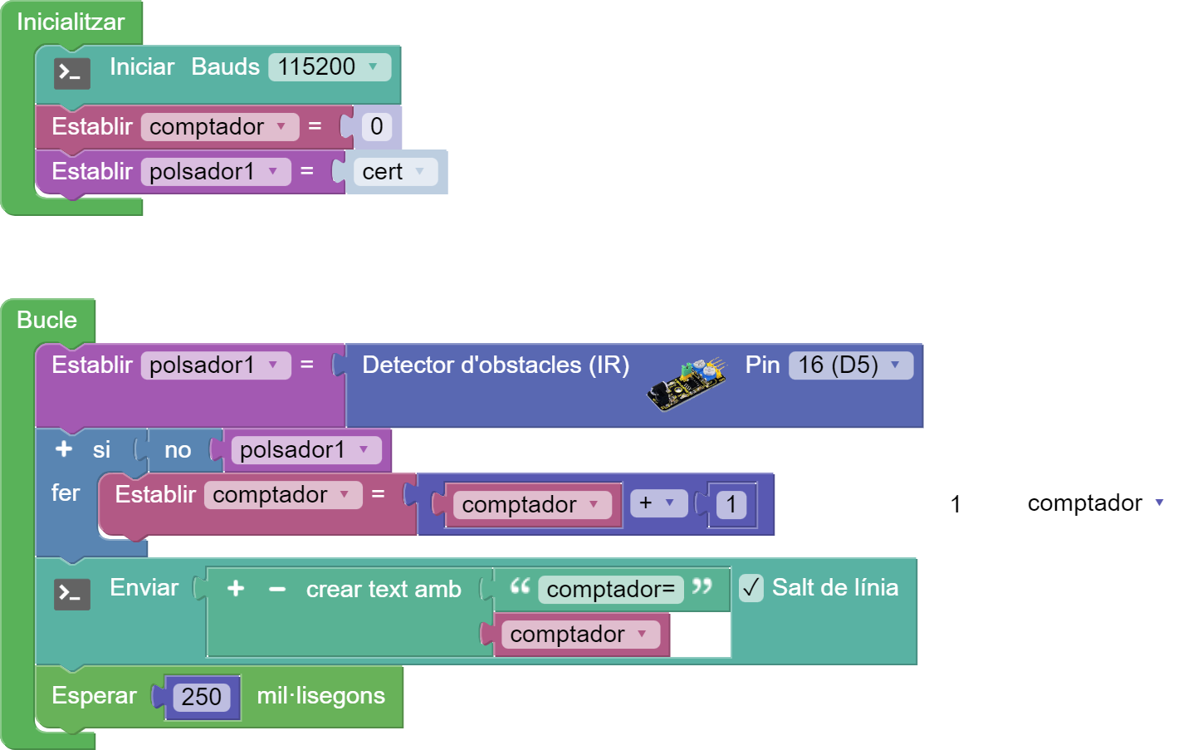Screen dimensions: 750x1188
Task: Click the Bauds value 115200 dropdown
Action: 329,67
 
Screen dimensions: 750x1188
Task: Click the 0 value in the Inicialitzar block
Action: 377,127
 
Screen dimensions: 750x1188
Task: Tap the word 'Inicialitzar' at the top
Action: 71,22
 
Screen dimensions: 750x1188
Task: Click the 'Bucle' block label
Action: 46,321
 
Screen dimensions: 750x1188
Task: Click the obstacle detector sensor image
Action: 687,384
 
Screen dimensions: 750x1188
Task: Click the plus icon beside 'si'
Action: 64,449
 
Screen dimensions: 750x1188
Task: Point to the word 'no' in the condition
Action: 178,450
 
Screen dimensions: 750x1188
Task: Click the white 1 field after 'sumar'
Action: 956,504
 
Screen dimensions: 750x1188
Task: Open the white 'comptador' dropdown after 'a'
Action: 1097,503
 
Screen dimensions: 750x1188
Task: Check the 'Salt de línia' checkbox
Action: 751,588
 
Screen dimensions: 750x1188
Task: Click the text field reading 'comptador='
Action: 610,590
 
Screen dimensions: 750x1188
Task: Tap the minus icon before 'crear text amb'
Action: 277,590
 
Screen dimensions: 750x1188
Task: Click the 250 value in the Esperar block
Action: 202,697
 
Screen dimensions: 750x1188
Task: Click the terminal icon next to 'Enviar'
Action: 72,594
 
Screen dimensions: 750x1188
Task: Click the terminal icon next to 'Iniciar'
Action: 72,73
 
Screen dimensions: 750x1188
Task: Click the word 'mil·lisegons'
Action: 320,696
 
